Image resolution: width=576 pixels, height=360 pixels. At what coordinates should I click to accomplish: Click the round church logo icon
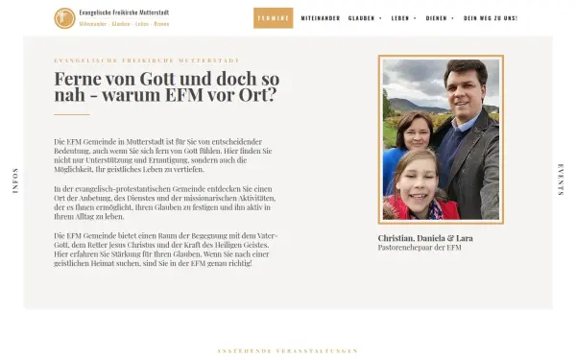click(64, 17)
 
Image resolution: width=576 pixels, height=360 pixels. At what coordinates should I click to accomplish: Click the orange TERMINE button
click(274, 18)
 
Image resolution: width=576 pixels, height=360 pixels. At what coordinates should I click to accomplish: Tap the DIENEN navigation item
click(438, 18)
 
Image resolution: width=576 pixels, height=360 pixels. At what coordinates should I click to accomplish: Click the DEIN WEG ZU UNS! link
click(491, 18)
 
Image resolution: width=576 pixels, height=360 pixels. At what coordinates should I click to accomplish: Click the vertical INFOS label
click(15, 181)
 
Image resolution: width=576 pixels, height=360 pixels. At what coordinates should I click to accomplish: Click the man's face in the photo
click(465, 84)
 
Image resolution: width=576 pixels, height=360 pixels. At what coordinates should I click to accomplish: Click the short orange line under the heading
click(72, 114)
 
